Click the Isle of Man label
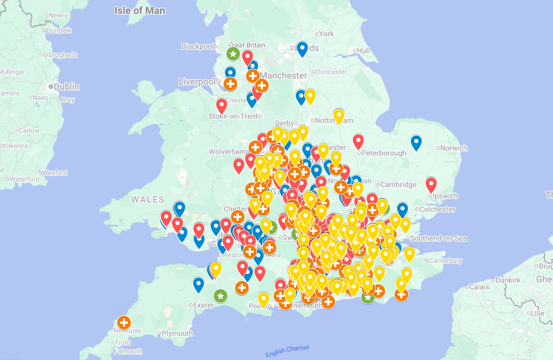click(x=140, y=11)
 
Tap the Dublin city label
click(x=66, y=87)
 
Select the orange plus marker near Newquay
click(x=124, y=322)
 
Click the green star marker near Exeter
click(x=220, y=296)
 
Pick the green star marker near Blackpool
click(x=233, y=54)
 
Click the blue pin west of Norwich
click(x=416, y=142)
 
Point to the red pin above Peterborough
click(x=358, y=141)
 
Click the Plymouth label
click(x=177, y=333)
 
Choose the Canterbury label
click(x=446, y=261)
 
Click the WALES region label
click(x=148, y=199)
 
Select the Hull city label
click(x=363, y=51)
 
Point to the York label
click(x=326, y=34)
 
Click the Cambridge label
click(x=398, y=185)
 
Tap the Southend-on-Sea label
click(x=438, y=238)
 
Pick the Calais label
click(x=479, y=287)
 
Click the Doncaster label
click(x=331, y=72)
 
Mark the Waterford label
click(x=24, y=179)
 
